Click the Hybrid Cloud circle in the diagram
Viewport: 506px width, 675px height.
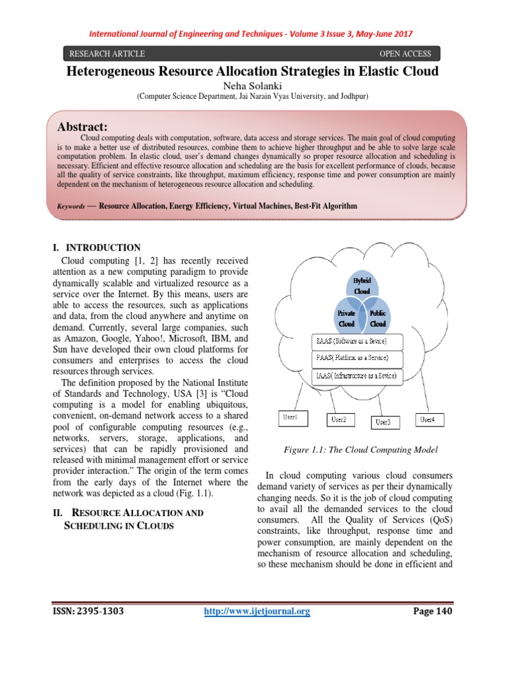(362, 285)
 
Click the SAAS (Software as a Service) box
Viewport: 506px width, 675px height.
(349, 341)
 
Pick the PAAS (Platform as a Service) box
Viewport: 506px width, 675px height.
(349, 358)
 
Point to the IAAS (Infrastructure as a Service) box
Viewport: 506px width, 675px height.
(354, 376)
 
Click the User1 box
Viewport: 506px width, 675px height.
(291, 417)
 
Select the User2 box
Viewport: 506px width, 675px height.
(341, 419)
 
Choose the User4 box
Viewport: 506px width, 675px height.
(432, 419)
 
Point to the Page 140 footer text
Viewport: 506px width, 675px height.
(433, 612)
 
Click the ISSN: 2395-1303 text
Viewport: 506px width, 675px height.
(88, 612)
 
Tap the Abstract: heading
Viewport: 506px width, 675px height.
(83, 126)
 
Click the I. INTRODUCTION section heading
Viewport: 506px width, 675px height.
(96, 248)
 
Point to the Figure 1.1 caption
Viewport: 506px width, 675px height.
(360, 450)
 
